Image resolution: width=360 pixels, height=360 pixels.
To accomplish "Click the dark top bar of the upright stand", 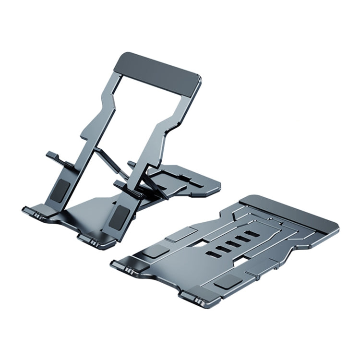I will [158, 72].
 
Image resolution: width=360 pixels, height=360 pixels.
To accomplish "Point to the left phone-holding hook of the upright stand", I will [55, 157].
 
